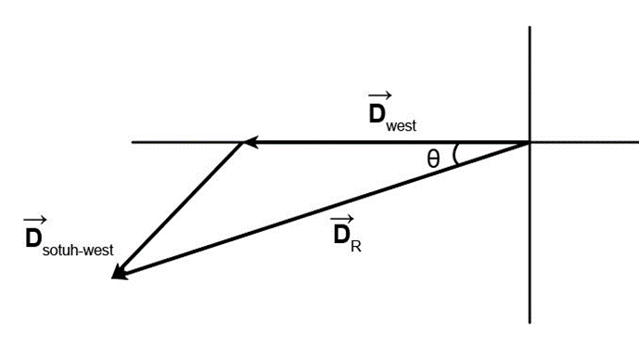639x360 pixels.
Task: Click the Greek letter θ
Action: (x=433, y=159)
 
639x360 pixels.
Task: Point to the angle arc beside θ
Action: (x=454, y=154)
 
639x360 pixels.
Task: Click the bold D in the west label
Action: (x=377, y=114)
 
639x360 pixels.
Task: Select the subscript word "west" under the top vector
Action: (x=401, y=125)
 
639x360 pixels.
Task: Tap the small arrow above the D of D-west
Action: (x=380, y=96)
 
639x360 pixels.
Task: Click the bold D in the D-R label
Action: (x=341, y=235)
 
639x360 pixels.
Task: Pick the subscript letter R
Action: (x=356, y=247)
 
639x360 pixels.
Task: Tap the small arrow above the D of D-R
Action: (x=341, y=220)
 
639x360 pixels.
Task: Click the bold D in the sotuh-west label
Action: (x=33, y=238)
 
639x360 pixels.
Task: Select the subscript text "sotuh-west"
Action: (x=78, y=250)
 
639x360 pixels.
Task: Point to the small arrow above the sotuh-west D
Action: (x=35, y=221)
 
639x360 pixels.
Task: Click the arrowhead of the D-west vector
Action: (x=250, y=142)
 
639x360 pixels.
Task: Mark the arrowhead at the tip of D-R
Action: (x=119, y=273)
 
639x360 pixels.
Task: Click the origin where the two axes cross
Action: (x=530, y=142)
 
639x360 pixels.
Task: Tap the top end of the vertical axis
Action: (x=530, y=27)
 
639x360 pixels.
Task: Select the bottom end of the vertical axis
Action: (x=530, y=323)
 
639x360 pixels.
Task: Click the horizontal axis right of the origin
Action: (x=584, y=142)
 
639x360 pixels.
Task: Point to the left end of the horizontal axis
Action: (x=132, y=142)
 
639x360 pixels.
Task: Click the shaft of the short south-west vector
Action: (x=182, y=209)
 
